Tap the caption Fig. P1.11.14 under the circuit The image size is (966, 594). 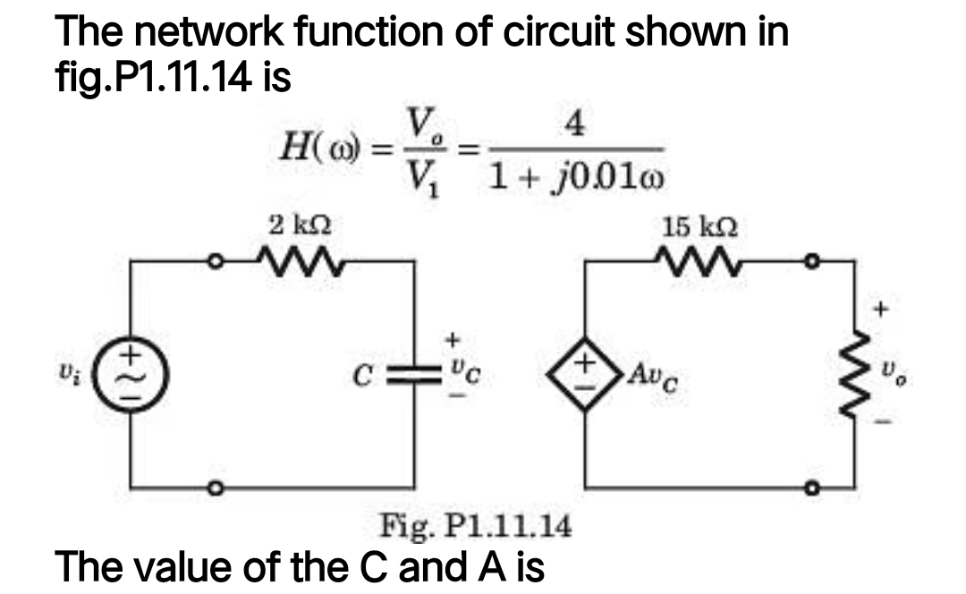[x=476, y=524]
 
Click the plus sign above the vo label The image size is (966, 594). [x=881, y=310]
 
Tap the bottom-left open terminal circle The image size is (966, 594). [x=215, y=488]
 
